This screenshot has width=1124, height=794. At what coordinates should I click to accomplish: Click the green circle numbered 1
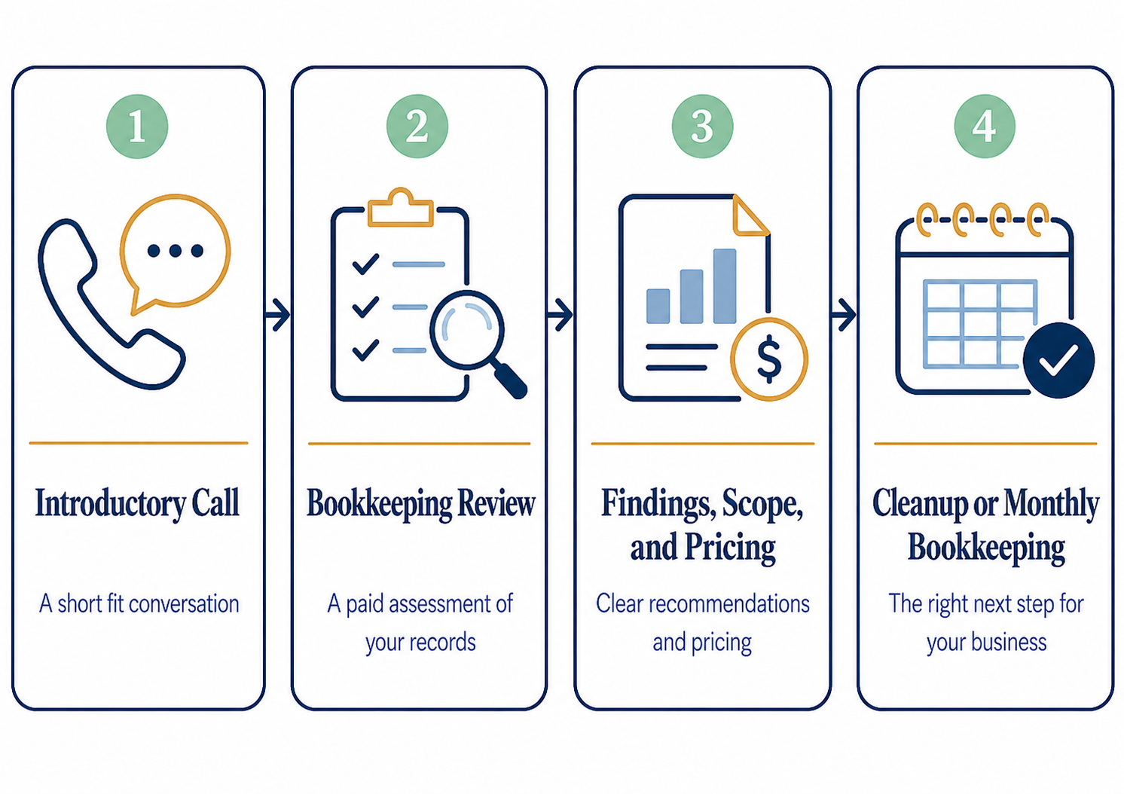pyautogui.click(x=137, y=126)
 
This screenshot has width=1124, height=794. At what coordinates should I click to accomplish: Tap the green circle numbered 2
pyautogui.click(x=417, y=126)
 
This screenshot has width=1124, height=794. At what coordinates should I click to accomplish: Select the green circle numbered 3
pyautogui.click(x=702, y=126)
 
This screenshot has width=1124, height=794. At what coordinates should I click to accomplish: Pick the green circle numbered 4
pyautogui.click(x=985, y=126)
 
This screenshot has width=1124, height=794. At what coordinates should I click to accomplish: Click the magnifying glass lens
pyautogui.click(x=466, y=329)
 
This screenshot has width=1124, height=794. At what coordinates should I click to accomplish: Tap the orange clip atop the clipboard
pyautogui.click(x=401, y=206)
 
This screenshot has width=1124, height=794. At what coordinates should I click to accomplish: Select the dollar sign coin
pyautogui.click(x=768, y=359)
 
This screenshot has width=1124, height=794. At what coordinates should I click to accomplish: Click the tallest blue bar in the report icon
pyautogui.click(x=725, y=286)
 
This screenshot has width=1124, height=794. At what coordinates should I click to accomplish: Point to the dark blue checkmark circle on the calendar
pyautogui.click(x=1058, y=360)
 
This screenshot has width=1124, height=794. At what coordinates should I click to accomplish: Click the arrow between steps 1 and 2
pyautogui.click(x=277, y=315)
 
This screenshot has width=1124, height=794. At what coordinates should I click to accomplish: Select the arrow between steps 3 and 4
pyautogui.click(x=844, y=315)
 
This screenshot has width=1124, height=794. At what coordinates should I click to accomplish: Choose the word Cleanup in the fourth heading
pyautogui.click(x=920, y=503)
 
